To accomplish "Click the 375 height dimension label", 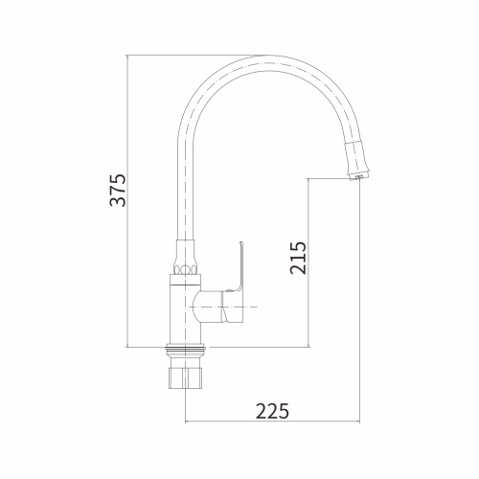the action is coord(118,191).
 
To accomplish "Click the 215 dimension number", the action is coord(298,258).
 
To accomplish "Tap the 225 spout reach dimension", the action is coord(273,411).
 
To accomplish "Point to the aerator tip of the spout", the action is coord(359,176).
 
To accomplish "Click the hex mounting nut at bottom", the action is coord(186,378).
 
